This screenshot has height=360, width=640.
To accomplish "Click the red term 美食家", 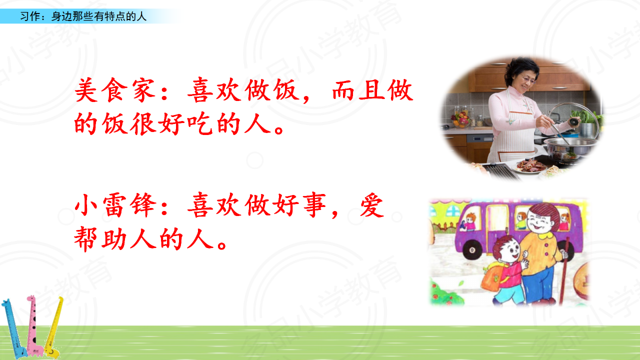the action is click(x=115, y=90).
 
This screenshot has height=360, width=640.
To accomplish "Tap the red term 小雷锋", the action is click(x=115, y=205).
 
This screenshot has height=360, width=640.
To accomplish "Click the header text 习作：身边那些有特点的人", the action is click(x=83, y=16).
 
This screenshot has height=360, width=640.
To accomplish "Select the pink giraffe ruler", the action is click(x=33, y=325).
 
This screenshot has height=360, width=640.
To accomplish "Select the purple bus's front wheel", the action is click(x=472, y=249).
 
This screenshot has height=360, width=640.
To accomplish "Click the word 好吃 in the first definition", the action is click(x=185, y=124).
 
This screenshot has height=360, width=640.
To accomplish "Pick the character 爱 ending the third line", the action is click(x=372, y=205).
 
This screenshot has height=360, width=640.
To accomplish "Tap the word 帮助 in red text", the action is click(x=100, y=239).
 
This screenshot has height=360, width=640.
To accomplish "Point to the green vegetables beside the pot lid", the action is click(x=589, y=116).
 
